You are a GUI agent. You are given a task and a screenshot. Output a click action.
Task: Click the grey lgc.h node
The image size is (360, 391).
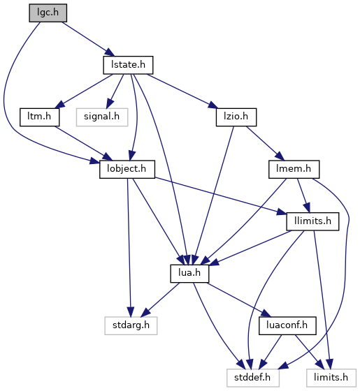click(x=48, y=13)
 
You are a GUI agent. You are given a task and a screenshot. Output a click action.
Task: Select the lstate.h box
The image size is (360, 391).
click(x=128, y=65)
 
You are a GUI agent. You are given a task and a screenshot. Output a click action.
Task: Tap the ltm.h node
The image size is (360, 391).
click(x=39, y=117)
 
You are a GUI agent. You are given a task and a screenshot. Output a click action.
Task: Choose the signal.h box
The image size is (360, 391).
click(x=102, y=117)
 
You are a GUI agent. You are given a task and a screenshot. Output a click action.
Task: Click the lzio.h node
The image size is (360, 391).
click(x=236, y=117)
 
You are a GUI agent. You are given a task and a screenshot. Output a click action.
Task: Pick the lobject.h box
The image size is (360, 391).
click(x=127, y=169)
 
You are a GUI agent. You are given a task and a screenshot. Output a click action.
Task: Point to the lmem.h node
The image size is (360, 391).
click(x=294, y=169)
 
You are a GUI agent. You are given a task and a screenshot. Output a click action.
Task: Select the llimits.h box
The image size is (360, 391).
click(x=312, y=221)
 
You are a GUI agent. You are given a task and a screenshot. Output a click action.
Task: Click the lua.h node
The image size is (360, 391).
click(x=189, y=274)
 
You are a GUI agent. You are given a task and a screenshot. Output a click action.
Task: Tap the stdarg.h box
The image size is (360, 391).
click(x=131, y=325)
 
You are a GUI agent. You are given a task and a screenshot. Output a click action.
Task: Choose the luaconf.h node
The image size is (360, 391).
click(x=287, y=325)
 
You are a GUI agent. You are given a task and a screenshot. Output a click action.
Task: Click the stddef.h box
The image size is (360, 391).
click(x=253, y=378)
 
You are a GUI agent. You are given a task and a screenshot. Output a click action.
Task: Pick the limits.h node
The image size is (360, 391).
click(x=331, y=378)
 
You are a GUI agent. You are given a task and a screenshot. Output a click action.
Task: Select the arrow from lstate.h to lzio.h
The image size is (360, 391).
click(x=182, y=91)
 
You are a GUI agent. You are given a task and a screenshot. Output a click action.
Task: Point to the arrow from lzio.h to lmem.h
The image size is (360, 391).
click(x=265, y=143)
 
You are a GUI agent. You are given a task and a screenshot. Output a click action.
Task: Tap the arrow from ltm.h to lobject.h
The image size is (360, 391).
click(x=83, y=143)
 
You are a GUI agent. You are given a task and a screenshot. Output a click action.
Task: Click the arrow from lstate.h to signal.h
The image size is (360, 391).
click(x=115, y=91)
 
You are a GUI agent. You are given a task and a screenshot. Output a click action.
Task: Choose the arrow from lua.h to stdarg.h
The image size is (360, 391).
click(x=160, y=300)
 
